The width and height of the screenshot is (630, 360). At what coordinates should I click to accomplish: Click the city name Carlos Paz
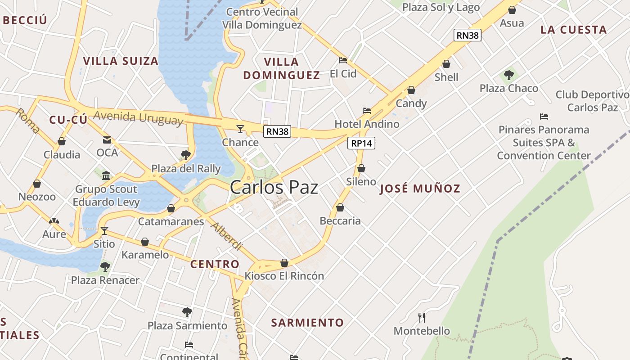coord(274,188)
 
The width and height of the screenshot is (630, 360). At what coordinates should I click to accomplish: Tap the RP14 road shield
coord(361,143)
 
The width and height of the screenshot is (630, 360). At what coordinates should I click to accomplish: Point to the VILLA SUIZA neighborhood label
coord(121,61)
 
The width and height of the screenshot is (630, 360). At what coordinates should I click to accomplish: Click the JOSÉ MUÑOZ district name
coord(420,189)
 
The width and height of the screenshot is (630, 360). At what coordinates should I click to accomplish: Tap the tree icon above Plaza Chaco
coord(509,75)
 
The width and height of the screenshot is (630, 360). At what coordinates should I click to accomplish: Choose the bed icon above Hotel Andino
coord(367,111)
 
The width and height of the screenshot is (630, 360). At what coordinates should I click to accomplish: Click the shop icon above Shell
coord(446,64)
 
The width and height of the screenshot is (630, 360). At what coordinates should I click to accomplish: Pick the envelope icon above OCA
coord(107,140)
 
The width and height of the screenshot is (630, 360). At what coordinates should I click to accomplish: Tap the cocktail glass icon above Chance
coord(240,130)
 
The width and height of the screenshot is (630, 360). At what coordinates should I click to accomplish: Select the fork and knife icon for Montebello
coord(422,318)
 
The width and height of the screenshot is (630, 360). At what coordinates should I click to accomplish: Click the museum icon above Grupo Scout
coord(106,175)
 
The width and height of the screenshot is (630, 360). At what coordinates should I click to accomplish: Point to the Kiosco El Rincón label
coord(284,276)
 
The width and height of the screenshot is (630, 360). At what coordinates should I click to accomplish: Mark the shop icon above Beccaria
coord(340,207)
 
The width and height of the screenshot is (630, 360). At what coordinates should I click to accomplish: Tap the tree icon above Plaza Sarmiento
coord(187,312)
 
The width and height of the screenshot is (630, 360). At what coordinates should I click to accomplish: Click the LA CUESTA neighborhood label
coord(574,30)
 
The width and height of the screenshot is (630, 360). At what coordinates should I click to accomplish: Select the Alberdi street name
coord(226,236)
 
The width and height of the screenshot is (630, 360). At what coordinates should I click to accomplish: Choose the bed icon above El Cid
coord(343,60)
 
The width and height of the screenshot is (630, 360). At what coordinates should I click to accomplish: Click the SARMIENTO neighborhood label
coord(307,323)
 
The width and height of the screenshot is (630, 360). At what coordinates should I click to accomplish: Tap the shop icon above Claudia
coord(62,142)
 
